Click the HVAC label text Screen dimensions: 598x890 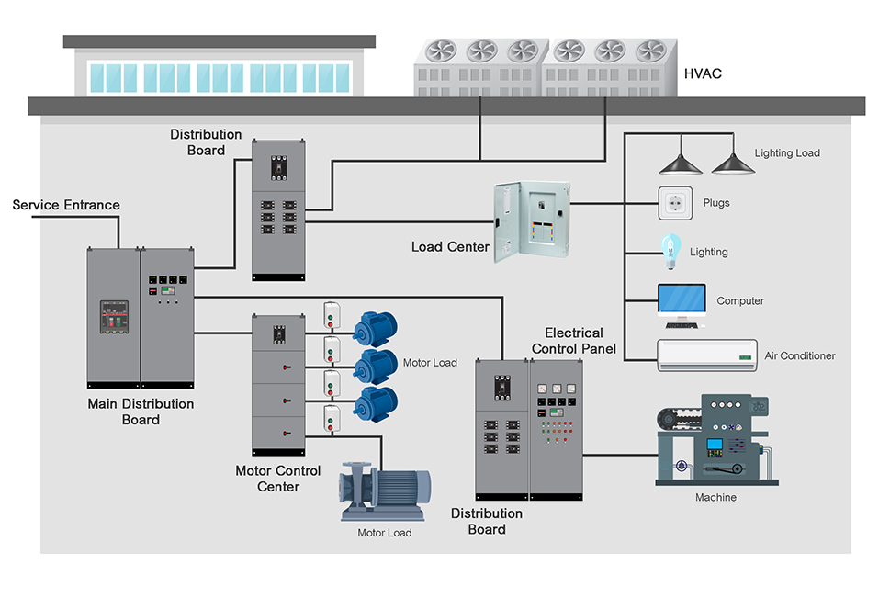point(703,73)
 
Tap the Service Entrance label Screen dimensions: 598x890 point(66,205)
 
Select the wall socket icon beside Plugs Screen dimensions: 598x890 point(673,203)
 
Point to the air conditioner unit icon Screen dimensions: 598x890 point(706,355)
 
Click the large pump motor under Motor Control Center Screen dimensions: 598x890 point(386,491)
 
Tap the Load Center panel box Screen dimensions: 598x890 point(532,221)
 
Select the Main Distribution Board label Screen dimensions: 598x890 point(141,412)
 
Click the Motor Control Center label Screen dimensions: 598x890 point(278,479)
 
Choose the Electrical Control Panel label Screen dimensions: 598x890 point(574,341)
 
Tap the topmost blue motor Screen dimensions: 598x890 point(375,328)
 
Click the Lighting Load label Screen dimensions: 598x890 point(787,153)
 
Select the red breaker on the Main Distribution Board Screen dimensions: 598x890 point(113,317)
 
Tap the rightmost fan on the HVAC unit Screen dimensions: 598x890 point(651,51)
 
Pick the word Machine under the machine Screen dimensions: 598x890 point(715,498)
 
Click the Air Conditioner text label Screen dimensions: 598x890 point(800,356)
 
